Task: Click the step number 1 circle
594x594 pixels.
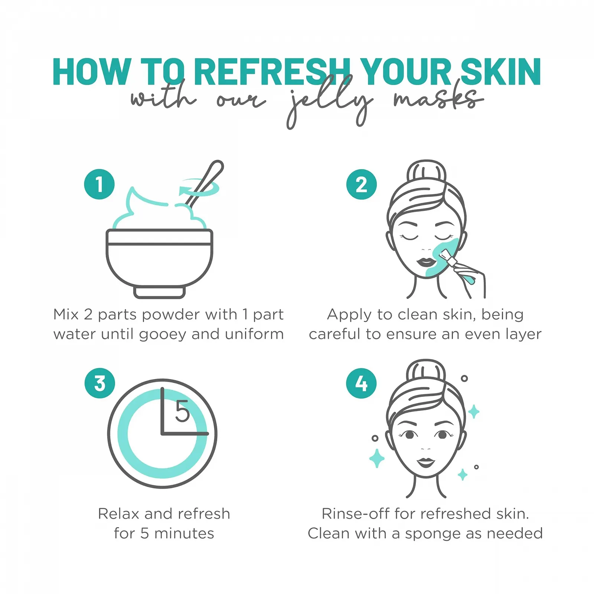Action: [99, 184]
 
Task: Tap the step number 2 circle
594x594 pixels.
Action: [361, 184]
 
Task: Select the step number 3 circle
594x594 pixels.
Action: [99, 383]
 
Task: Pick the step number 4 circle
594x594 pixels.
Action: [361, 383]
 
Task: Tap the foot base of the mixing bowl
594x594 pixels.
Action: [159, 292]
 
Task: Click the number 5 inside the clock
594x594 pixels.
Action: [182, 411]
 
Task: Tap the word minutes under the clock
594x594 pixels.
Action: [184, 533]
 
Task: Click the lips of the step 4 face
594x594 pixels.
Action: [426, 462]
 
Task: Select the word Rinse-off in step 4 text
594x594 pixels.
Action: [356, 514]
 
